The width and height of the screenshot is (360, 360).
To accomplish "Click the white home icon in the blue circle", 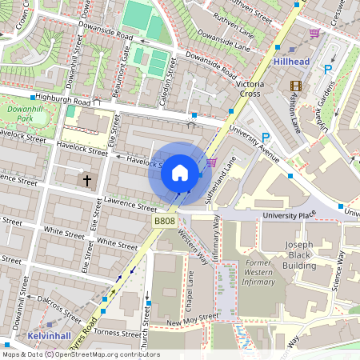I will tap(180, 172).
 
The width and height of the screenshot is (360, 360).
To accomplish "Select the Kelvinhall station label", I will tap(48, 335).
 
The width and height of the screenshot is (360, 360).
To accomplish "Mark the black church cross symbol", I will tap(87, 181).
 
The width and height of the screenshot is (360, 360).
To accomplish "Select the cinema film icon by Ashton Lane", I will tap(298, 86).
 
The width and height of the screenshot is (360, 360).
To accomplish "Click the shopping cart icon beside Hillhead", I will tap(315, 34).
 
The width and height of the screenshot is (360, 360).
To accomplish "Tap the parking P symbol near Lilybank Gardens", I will tap(327, 70).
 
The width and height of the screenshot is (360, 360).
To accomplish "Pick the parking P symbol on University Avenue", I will tap(266, 138).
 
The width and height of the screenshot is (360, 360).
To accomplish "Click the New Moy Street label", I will tap(193, 318).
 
